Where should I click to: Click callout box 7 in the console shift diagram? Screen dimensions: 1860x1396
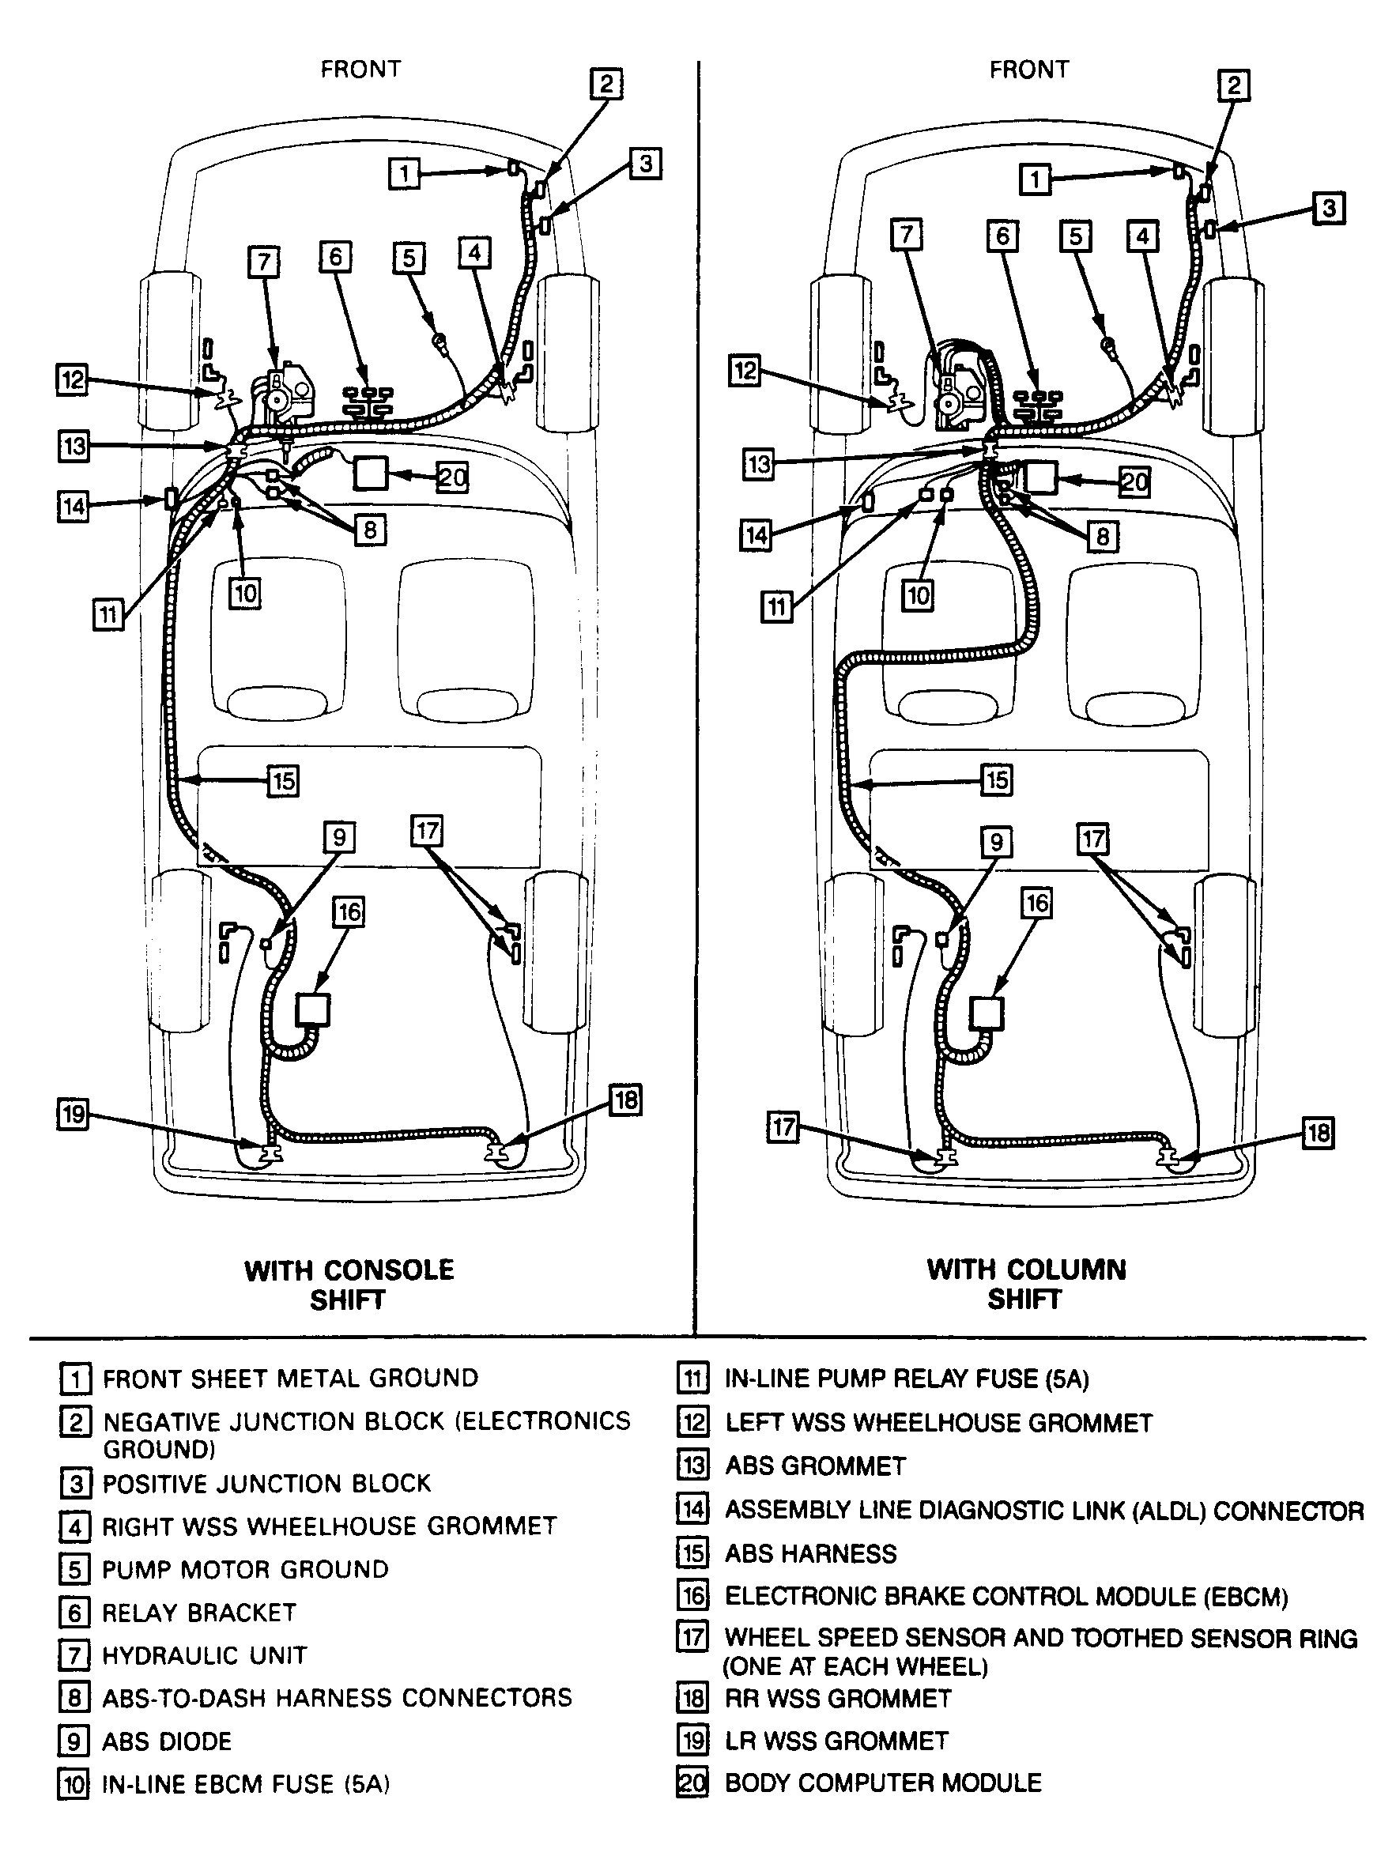(x=264, y=262)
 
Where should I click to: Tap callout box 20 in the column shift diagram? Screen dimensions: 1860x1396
(x=1134, y=482)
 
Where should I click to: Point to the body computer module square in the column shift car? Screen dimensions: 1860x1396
(x=1040, y=477)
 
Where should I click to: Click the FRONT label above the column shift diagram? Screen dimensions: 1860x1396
(x=1028, y=69)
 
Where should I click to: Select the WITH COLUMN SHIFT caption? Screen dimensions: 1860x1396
(x=1025, y=1283)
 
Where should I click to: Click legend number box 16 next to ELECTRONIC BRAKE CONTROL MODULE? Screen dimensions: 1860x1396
(x=693, y=1595)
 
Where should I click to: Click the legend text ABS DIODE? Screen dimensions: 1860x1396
(x=167, y=1741)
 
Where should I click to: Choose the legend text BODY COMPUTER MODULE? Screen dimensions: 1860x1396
(x=883, y=1783)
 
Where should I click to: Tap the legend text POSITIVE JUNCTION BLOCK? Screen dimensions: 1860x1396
(x=266, y=1483)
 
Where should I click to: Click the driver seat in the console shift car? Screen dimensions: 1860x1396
(x=277, y=639)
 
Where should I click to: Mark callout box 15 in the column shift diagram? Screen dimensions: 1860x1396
(x=997, y=779)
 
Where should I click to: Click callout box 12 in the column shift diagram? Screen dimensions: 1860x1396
(x=745, y=371)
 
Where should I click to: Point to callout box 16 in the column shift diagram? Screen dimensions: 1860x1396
(x=1036, y=903)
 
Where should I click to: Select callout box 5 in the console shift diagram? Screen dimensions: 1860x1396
(x=409, y=258)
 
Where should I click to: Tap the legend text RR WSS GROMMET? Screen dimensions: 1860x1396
(x=838, y=1699)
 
